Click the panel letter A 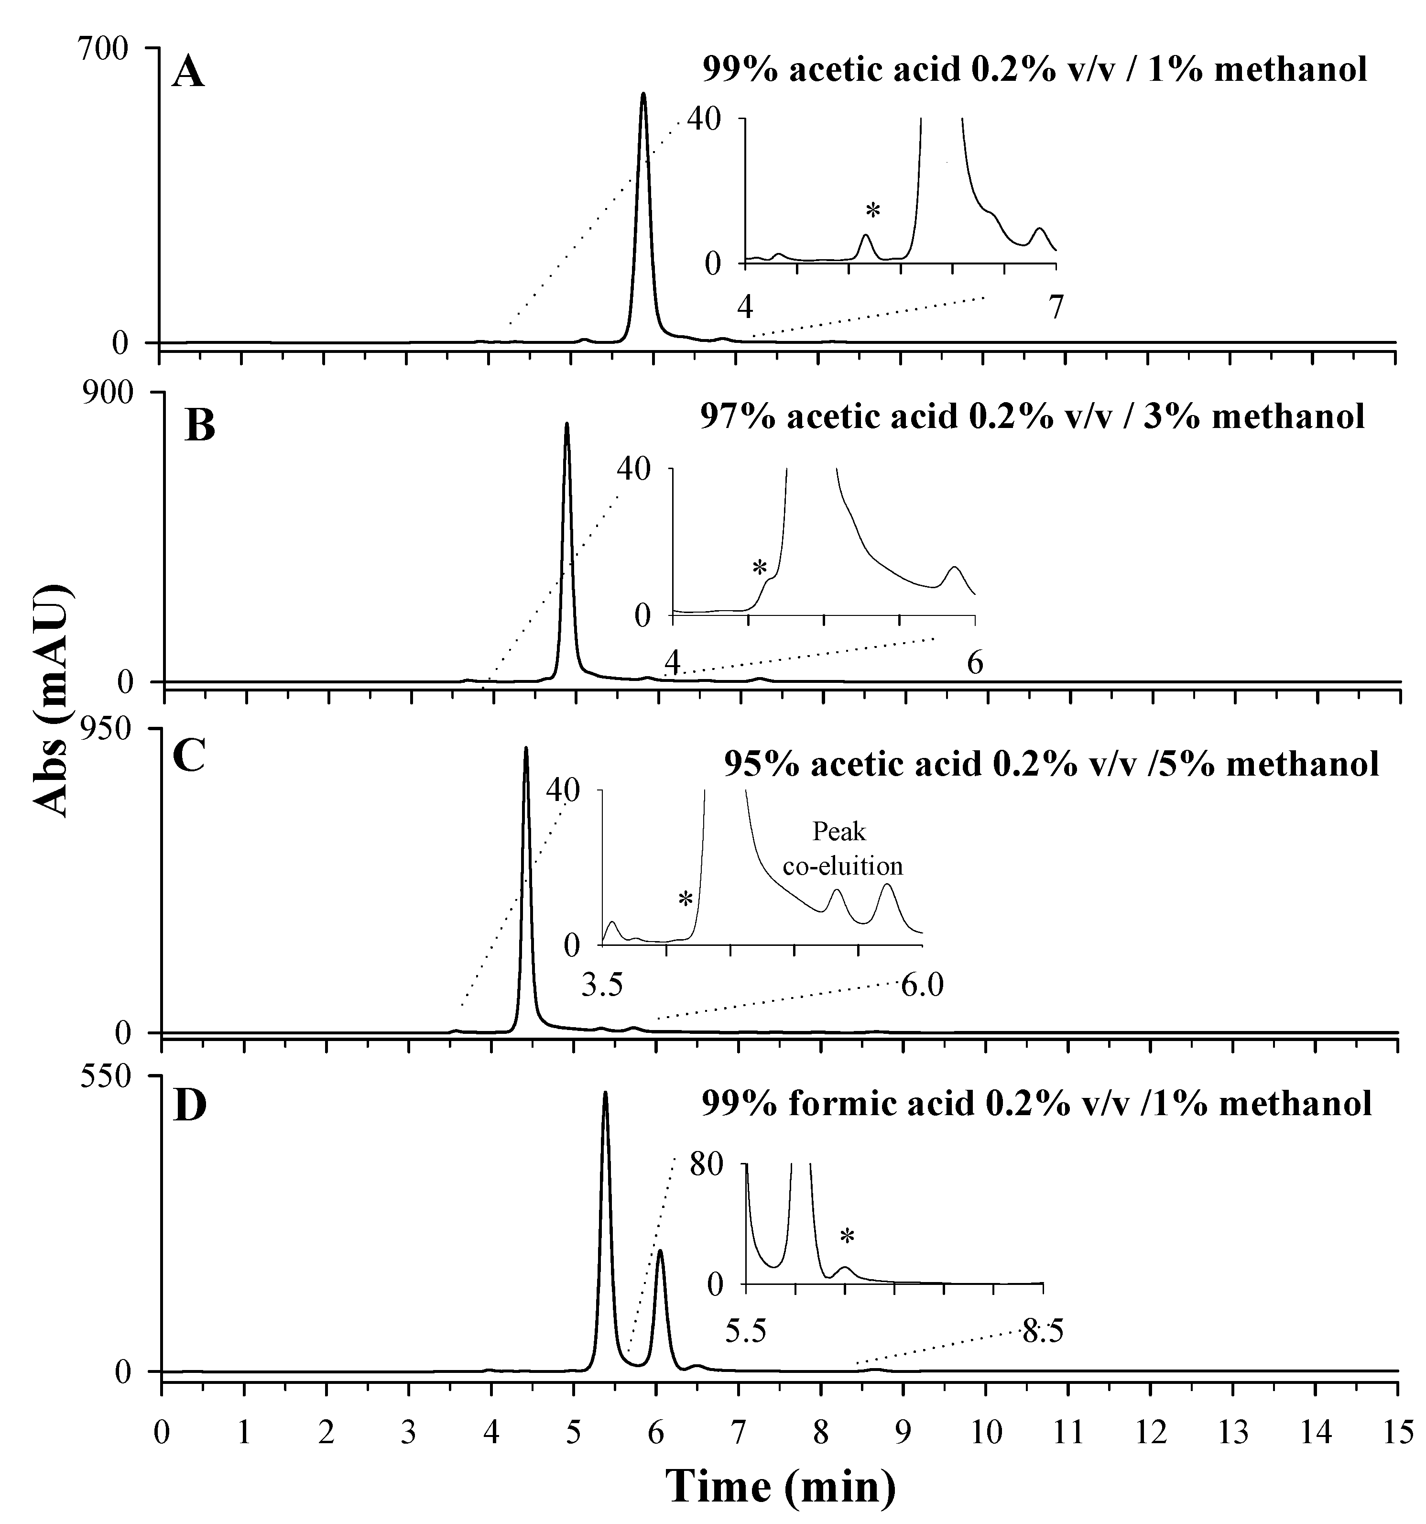coord(188,75)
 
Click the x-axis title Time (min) coord(780,1486)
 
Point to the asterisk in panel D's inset coord(847,1236)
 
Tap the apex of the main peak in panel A coord(643,94)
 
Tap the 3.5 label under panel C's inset coord(602,985)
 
